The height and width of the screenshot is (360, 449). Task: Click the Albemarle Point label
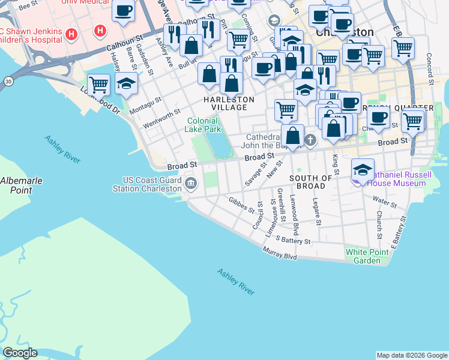[x=17, y=185]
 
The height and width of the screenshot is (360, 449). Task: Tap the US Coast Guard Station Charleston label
[x=147, y=184]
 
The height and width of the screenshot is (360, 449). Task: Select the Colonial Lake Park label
[x=202, y=125]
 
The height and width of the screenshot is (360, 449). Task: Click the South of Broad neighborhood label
[x=310, y=182]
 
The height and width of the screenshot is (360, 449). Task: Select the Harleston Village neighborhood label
[x=229, y=103]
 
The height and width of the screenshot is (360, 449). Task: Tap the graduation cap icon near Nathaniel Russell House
[x=363, y=169]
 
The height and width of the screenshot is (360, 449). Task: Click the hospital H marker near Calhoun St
[x=100, y=29]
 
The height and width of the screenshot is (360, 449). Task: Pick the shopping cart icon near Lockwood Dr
[x=98, y=85]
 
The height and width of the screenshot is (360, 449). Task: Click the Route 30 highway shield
[x=8, y=80]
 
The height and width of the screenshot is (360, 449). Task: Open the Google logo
[x=20, y=353]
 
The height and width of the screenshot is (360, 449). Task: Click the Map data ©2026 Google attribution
[x=412, y=355]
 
